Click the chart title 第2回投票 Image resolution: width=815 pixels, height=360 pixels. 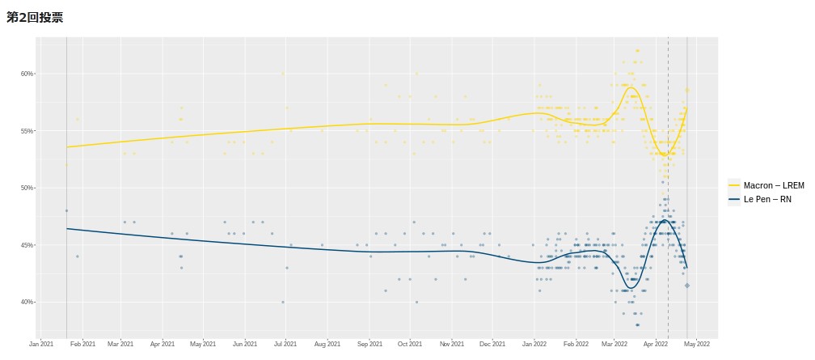pyautogui.click(x=35, y=17)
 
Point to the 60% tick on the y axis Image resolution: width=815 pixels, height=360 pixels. pyautogui.click(x=27, y=74)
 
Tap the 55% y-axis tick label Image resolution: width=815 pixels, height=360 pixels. pyautogui.click(x=27, y=131)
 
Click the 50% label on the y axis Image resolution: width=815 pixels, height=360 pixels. pyautogui.click(x=27, y=188)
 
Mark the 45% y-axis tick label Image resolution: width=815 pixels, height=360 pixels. pyautogui.click(x=27, y=245)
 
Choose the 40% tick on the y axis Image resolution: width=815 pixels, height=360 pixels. pyautogui.click(x=27, y=302)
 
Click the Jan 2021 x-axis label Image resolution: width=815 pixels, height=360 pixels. pyautogui.click(x=41, y=344)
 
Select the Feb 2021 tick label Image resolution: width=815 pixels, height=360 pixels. pyautogui.click(x=83, y=344)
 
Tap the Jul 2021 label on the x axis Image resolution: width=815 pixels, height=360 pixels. pyautogui.click(x=286, y=344)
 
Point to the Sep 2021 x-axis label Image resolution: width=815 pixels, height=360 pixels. pyautogui.click(x=369, y=344)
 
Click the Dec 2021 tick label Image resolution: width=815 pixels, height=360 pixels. pyautogui.click(x=492, y=344)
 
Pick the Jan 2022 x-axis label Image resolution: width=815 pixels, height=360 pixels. pyautogui.click(x=534, y=344)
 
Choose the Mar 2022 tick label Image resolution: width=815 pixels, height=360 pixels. pyautogui.click(x=614, y=344)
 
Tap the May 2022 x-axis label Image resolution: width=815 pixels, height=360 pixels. pyautogui.click(x=697, y=344)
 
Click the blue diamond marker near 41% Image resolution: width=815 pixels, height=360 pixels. pyautogui.click(x=687, y=286)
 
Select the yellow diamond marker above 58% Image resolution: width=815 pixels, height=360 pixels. pyautogui.click(x=687, y=90)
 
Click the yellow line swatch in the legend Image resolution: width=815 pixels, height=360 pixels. pyautogui.click(x=734, y=185)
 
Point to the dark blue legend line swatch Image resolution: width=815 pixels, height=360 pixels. pyautogui.click(x=734, y=199)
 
